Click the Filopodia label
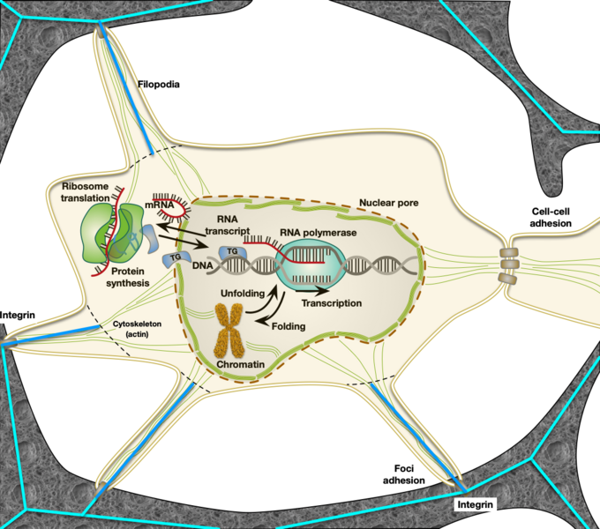pos(160,86)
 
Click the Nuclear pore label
pos(389,203)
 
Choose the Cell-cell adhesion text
pos(551,218)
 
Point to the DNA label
pos(202,265)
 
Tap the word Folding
pos(289,326)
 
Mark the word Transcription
pos(331,303)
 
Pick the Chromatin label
pos(235,363)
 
